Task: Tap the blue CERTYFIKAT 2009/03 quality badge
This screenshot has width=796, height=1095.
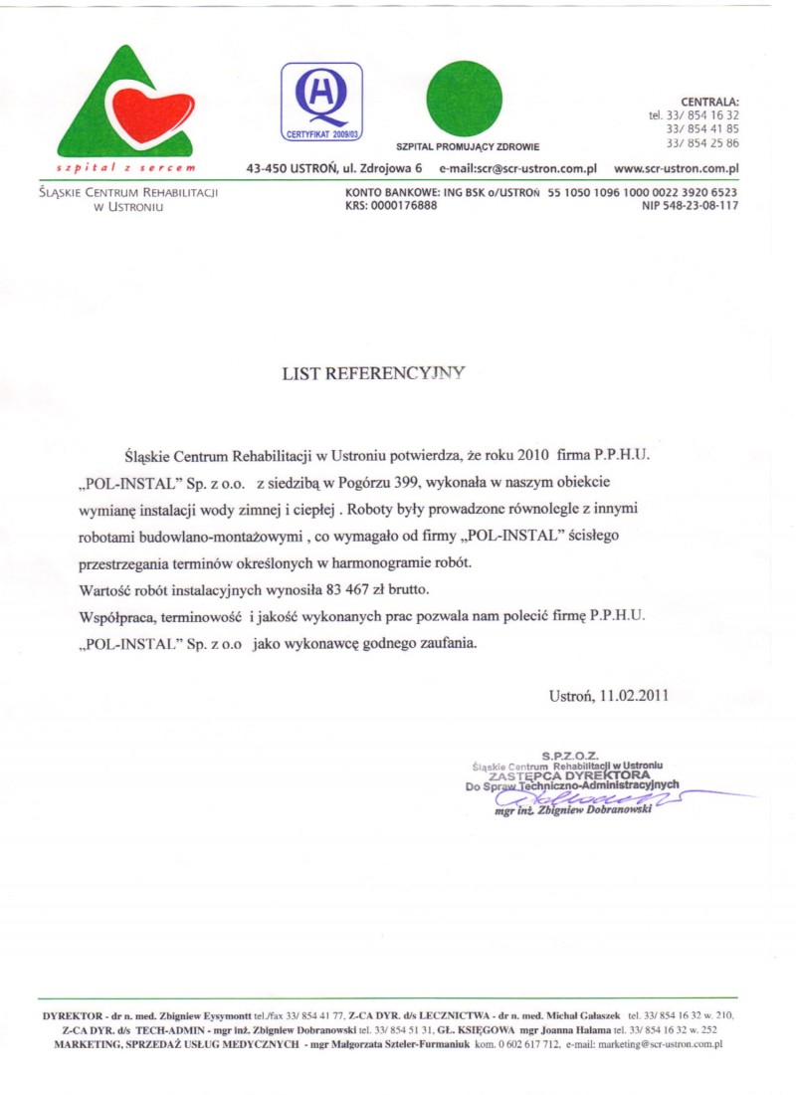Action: [x=321, y=101]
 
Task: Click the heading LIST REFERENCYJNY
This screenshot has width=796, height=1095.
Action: [x=374, y=373]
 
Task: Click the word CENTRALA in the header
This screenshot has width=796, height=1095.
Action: [x=709, y=102]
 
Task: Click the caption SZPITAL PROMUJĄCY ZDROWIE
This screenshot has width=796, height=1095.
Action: [x=468, y=147]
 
